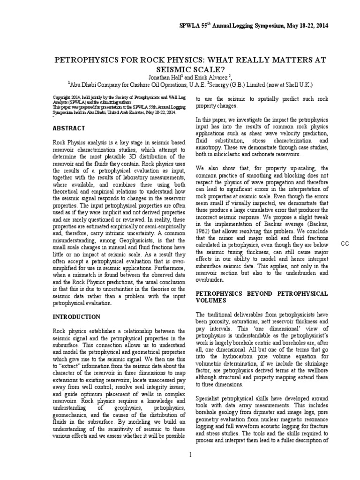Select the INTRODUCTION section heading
pyautogui.click(x=76, y=317)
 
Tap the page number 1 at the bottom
pyautogui.click(x=190, y=467)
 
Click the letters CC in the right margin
pyautogui.click(x=345, y=243)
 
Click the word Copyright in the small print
pyautogui.click(x=61, y=97)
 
